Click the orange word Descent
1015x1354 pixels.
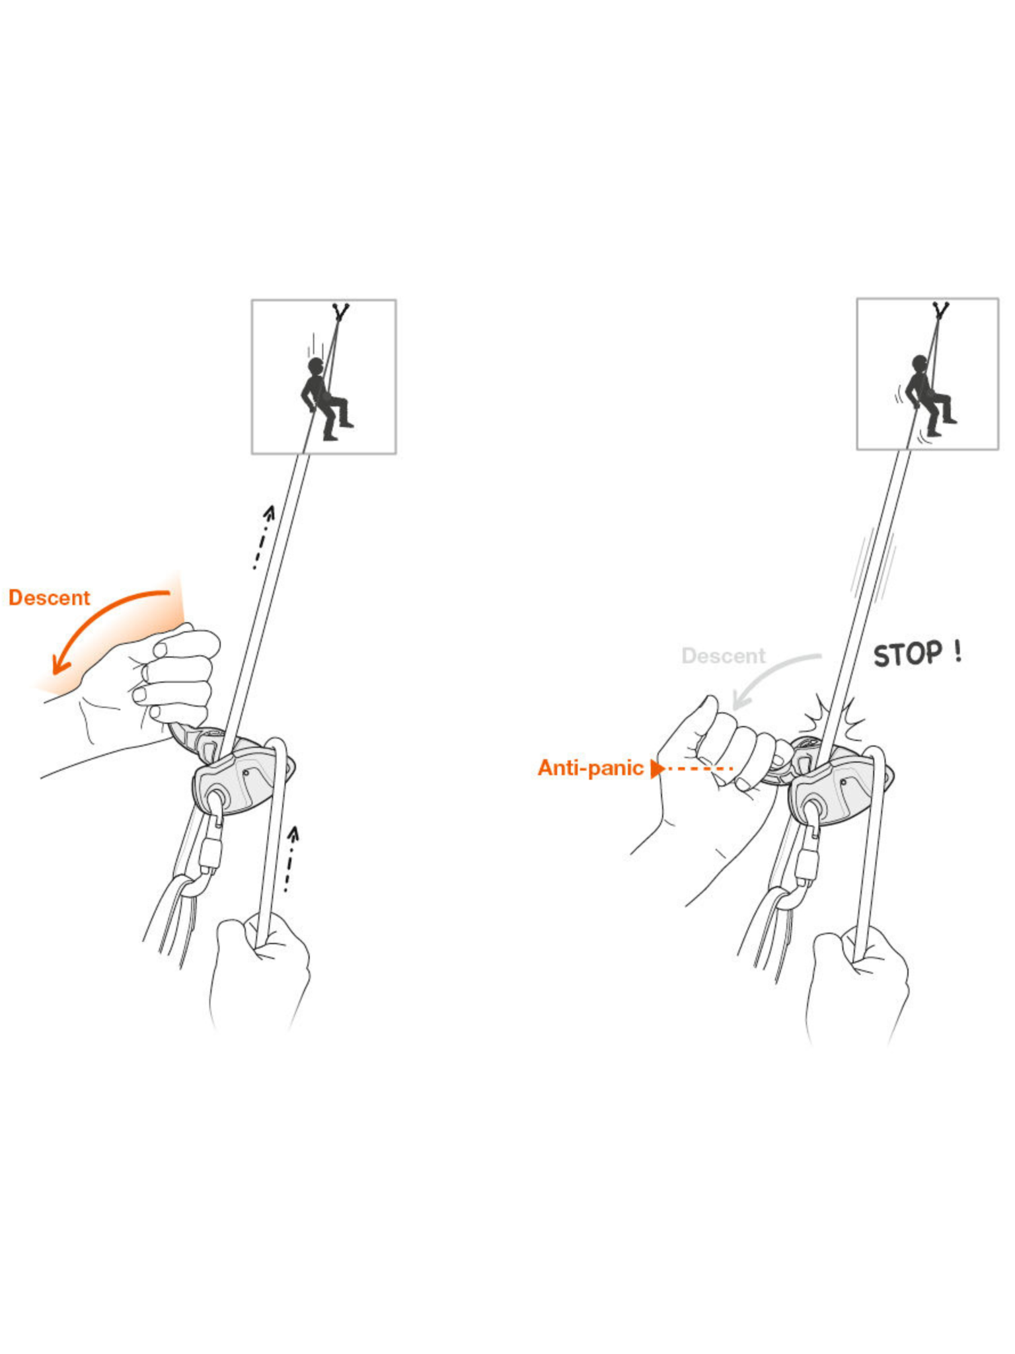click(x=49, y=598)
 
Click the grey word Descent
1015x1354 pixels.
click(x=723, y=656)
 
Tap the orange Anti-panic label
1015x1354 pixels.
click(x=590, y=768)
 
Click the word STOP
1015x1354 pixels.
click(x=907, y=655)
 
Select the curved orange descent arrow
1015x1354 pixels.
click(x=99, y=621)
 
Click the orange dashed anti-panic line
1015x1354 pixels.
click(x=700, y=769)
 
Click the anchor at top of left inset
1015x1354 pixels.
click(x=340, y=311)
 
